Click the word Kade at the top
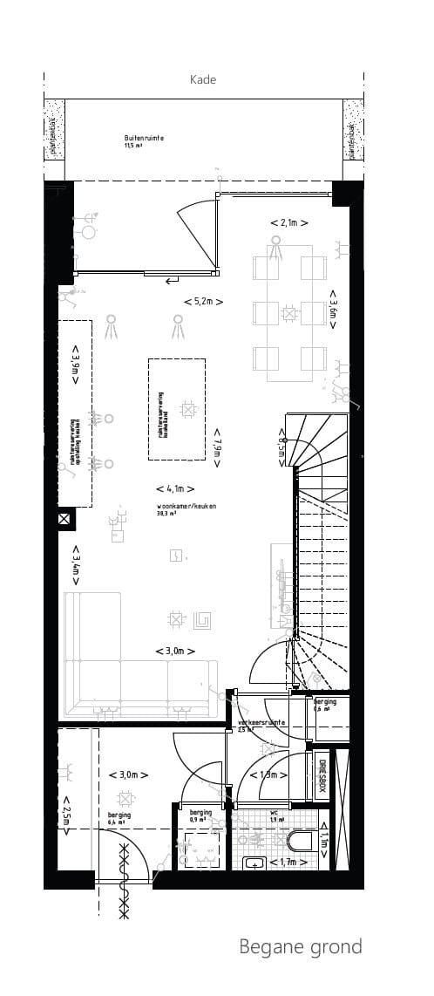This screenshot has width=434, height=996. [x=203, y=79]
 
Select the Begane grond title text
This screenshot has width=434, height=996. [x=301, y=946]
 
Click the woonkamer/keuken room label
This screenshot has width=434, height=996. [x=186, y=506]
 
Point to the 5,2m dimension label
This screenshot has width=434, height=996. [x=203, y=302]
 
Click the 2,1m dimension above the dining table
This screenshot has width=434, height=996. [x=288, y=223]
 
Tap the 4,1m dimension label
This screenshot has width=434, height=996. [x=174, y=489]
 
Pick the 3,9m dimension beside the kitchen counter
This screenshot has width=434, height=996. [x=76, y=365]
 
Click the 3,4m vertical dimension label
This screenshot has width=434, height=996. [x=76, y=564]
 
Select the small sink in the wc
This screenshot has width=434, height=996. [x=254, y=863]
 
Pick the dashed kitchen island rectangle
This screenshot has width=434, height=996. [x=177, y=410]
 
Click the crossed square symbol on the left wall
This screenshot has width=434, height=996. [x=64, y=520]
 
